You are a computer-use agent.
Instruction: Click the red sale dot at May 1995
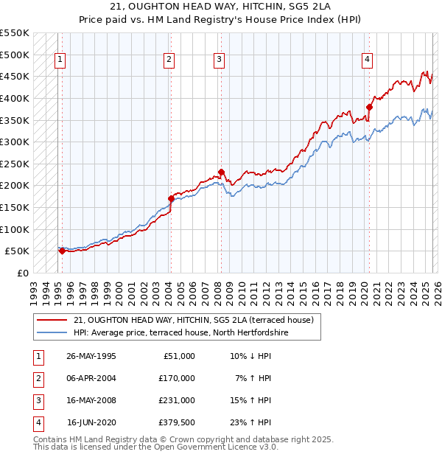pos(62,251)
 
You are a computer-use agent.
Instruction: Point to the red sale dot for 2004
pos(171,198)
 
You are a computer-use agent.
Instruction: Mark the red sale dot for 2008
pos(221,172)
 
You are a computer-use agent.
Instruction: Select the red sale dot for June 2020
pos(369,107)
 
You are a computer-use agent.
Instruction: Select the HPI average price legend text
pos(180,333)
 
